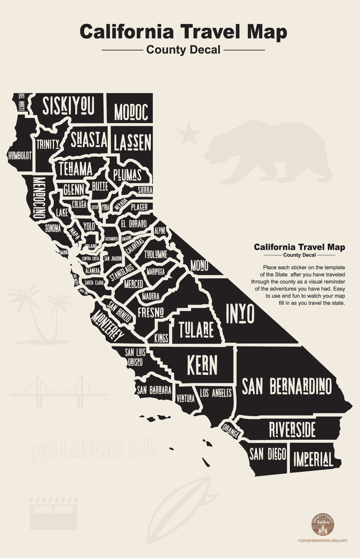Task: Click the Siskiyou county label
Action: point(69,105)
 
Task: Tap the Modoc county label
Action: point(131,112)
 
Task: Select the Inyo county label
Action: point(240,314)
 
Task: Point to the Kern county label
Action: point(202,365)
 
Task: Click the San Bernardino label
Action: point(287,386)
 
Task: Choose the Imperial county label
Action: point(313,459)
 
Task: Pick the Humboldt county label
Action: point(20,155)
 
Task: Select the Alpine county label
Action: point(160,230)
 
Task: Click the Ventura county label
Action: point(185,398)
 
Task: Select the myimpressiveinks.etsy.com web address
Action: point(322,540)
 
